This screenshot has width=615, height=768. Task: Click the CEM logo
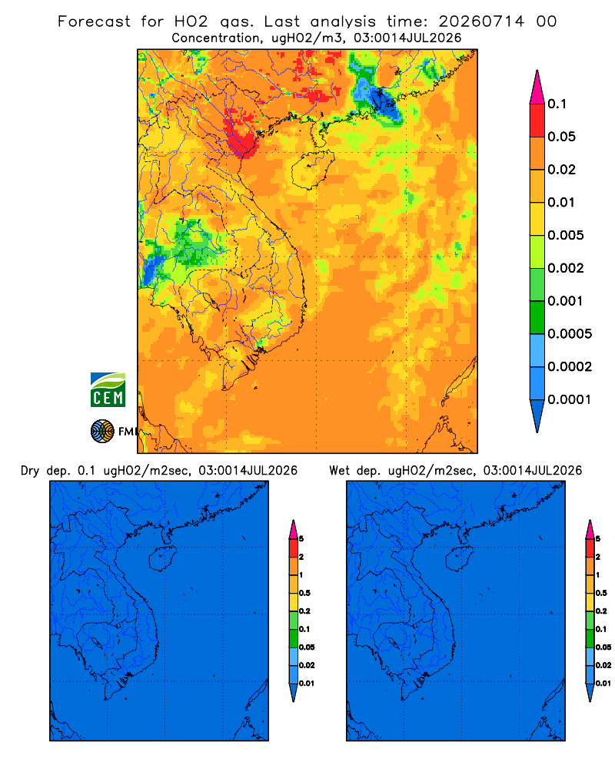click(x=108, y=389)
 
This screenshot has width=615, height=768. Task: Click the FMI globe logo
click(x=102, y=431)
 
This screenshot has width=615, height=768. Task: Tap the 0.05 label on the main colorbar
click(x=561, y=137)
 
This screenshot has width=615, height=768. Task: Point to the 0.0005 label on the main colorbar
click(x=570, y=334)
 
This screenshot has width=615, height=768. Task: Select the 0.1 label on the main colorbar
click(x=557, y=104)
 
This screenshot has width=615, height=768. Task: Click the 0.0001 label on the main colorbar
click(x=570, y=399)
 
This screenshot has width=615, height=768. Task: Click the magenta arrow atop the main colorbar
click(x=537, y=87)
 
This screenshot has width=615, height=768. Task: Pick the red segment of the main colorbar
click(x=537, y=120)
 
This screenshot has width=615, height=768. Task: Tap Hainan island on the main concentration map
click(x=312, y=170)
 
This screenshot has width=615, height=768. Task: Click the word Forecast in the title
click(x=94, y=22)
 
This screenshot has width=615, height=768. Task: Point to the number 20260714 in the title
click(x=481, y=22)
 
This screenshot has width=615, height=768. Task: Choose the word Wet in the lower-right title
click(x=339, y=471)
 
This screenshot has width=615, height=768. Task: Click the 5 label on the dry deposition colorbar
click(x=301, y=539)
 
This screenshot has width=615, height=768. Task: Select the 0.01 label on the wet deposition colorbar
click(x=603, y=684)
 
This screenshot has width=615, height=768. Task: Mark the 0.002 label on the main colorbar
click(x=566, y=268)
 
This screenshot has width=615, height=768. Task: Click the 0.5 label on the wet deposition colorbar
click(x=601, y=593)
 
